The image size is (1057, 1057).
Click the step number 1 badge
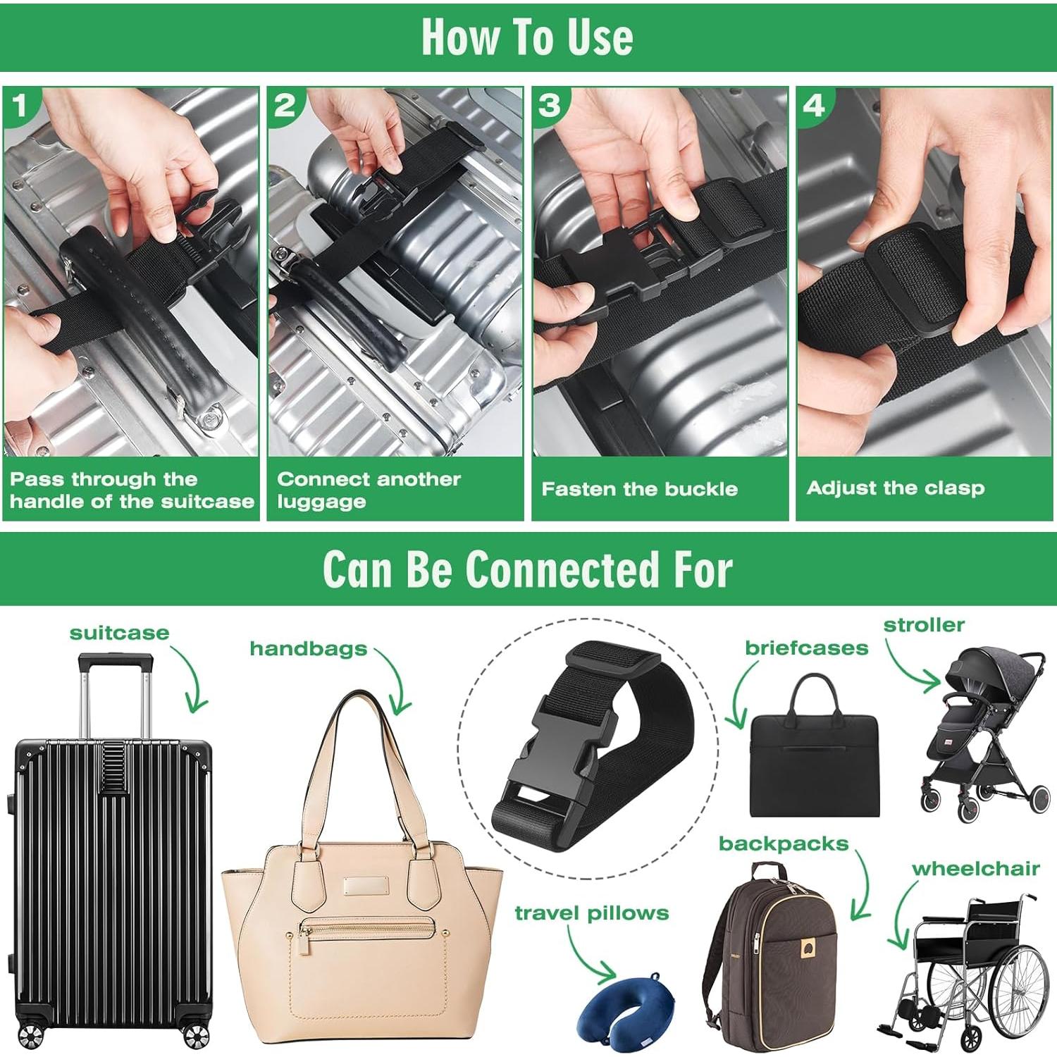(x=19, y=106)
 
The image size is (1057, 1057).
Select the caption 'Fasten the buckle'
(x=639, y=489)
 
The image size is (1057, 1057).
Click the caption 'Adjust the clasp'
(x=895, y=488)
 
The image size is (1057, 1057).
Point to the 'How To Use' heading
(x=527, y=37)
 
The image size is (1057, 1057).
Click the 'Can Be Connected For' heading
(x=527, y=569)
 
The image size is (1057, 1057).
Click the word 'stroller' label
(x=923, y=625)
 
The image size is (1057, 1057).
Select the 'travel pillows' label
(x=591, y=913)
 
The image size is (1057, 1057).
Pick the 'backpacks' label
(x=783, y=843)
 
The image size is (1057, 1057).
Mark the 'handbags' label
(x=308, y=648)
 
